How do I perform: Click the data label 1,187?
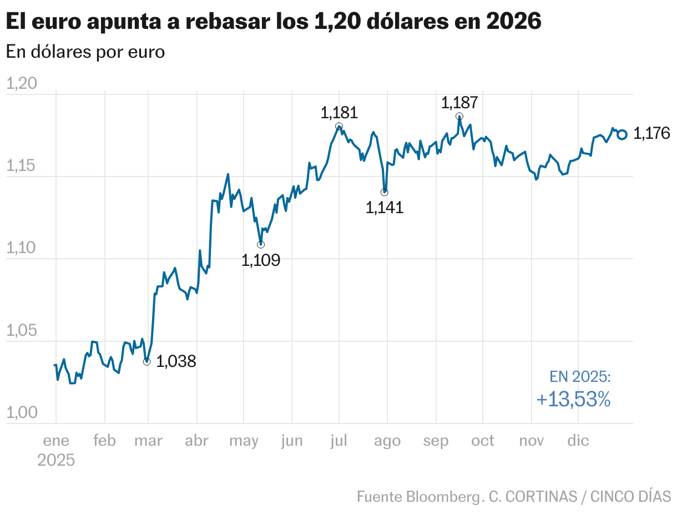pos(459,103)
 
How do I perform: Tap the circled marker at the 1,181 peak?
pos(339,127)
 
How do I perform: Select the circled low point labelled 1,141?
pos(385,192)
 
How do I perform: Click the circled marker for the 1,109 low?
pos(261,244)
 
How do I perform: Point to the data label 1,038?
pos(176,362)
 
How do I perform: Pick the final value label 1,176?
pos(651,134)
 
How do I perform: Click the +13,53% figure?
pos(573,399)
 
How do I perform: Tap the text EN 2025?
pos(580,377)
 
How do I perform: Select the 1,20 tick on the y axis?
pos(21,84)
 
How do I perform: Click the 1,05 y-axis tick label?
pos(21,331)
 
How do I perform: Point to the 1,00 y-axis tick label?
pos(21,413)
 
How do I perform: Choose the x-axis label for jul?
pos(338,441)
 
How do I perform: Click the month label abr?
pos(196,441)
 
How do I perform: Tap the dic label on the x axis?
pos(578,441)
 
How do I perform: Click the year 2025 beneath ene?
pos(56,460)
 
